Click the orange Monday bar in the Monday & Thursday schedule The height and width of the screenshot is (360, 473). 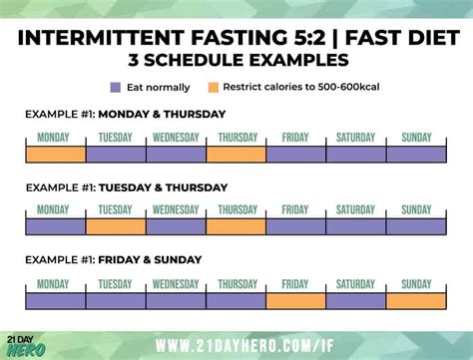point(56,155)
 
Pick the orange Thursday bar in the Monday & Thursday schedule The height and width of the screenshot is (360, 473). point(236,155)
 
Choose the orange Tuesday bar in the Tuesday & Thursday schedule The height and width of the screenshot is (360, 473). point(116,227)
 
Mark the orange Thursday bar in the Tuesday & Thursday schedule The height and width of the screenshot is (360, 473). point(236,227)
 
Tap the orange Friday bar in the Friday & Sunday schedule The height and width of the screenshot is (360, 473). point(295,300)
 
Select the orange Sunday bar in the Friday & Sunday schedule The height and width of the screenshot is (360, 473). point(416,300)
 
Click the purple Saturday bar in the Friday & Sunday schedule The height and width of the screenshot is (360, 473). point(356,300)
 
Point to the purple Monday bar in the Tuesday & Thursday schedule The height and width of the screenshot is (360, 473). point(56,227)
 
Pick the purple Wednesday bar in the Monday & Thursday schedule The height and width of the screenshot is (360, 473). point(176,155)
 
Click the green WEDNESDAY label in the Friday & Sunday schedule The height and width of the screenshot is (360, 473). point(176,283)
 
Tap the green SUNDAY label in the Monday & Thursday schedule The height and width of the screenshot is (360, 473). point(416,138)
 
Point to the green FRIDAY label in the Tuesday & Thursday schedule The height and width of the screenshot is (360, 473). point(295,210)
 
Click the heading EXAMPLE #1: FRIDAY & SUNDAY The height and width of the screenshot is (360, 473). point(114,259)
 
